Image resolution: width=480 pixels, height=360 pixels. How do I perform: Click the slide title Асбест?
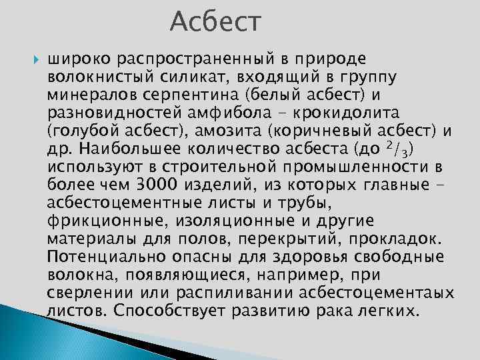tap(217, 23)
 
